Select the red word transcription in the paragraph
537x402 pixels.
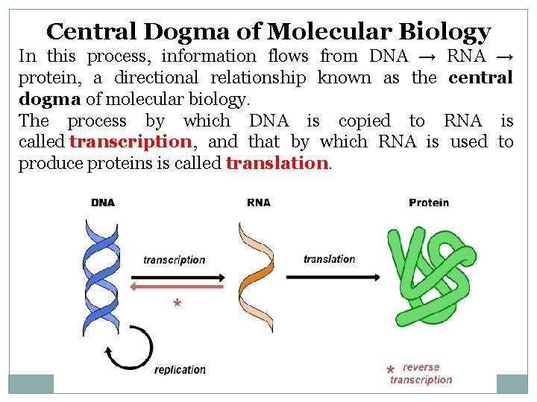click(131, 141)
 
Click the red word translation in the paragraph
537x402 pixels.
click(277, 163)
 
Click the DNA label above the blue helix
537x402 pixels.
click(102, 202)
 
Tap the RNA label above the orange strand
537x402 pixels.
click(258, 202)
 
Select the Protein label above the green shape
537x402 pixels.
click(429, 202)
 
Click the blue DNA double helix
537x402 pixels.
click(101, 275)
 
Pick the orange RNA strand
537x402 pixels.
click(254, 275)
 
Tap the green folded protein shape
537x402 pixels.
click(429, 275)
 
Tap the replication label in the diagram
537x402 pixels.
click(180, 369)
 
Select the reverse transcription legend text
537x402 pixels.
click(421, 374)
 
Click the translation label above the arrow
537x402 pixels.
click(329, 259)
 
